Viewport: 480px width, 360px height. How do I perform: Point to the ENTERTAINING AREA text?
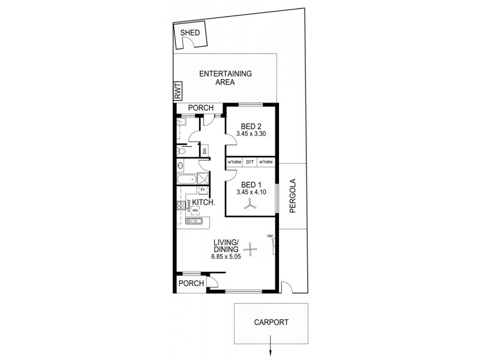[225, 78]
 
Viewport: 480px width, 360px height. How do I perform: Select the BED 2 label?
[251, 126]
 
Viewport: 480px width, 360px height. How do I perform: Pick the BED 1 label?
[251, 185]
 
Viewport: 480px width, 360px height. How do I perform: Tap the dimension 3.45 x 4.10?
[251, 192]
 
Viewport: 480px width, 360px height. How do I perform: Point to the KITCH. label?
[203, 203]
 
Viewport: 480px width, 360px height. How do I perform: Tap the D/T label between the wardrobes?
[250, 162]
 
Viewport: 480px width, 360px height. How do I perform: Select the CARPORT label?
[272, 322]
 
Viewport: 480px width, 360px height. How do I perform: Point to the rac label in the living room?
[271, 236]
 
